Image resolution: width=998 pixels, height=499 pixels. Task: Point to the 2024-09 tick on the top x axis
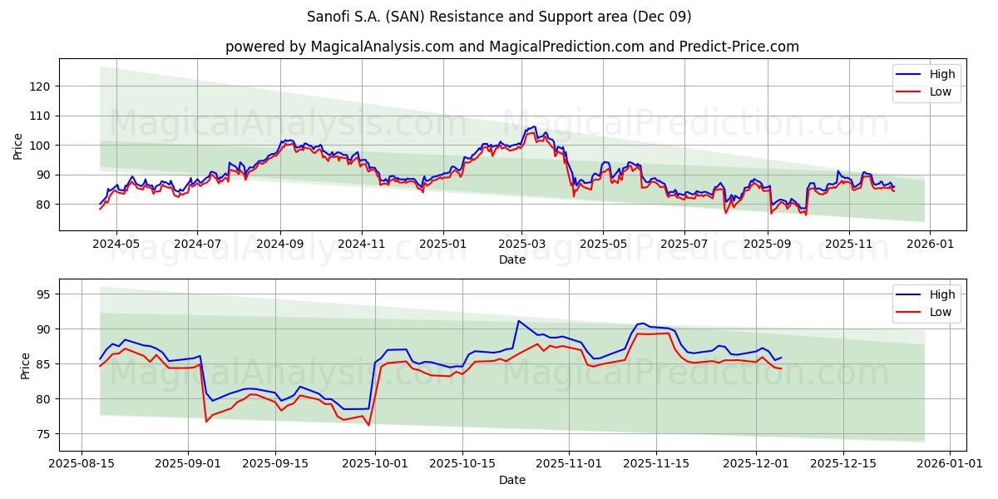[x=279, y=245]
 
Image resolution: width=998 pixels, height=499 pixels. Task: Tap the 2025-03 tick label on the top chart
[x=521, y=245]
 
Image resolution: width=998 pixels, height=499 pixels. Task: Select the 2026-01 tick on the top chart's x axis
[x=929, y=245]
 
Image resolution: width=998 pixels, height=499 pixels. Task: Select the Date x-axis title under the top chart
[x=511, y=259]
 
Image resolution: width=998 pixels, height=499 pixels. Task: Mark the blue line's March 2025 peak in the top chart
[x=533, y=126]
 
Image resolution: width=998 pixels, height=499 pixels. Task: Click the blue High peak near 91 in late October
[x=518, y=320]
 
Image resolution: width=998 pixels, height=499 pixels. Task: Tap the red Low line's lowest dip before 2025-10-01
[x=368, y=426]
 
